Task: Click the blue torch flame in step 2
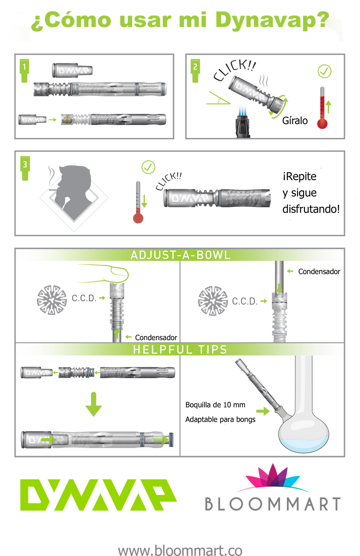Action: click(242, 108)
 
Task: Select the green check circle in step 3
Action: click(148, 167)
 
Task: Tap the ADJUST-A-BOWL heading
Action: click(180, 255)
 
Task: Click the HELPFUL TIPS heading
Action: click(180, 350)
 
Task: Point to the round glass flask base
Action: click(304, 435)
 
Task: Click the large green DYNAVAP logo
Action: click(98, 495)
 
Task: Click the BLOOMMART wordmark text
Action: click(272, 504)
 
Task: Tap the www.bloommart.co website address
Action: click(180, 550)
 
